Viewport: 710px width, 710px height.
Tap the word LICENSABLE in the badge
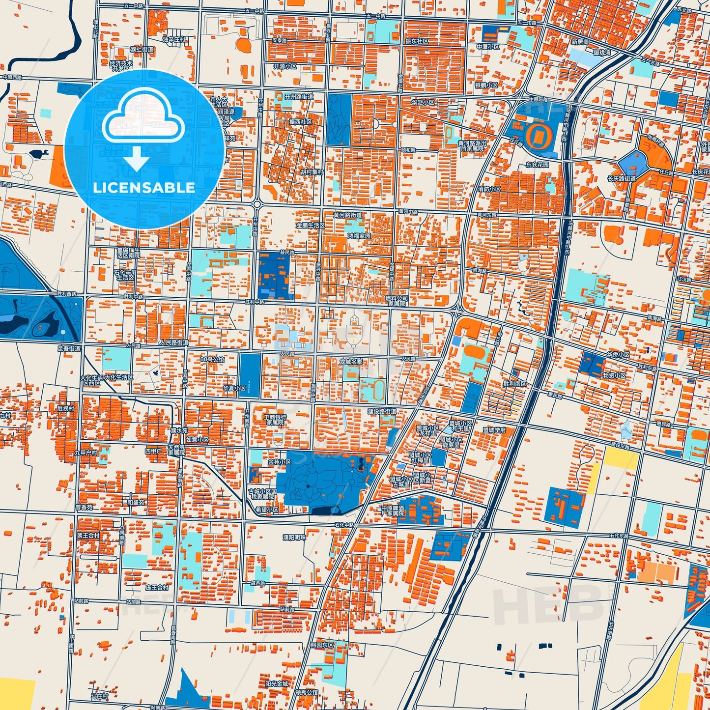(144, 188)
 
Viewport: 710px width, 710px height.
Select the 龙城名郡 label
(351, 361)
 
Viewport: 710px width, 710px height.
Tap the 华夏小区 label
(234, 388)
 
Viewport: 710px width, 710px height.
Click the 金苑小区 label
(279, 462)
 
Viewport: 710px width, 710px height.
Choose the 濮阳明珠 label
(293, 538)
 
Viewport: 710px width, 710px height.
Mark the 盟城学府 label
(494, 430)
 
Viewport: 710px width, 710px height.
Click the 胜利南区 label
(514, 383)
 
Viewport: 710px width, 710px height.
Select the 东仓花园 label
(537, 165)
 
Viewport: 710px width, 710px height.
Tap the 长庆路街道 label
(621, 178)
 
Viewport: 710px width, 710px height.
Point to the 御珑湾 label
(601, 53)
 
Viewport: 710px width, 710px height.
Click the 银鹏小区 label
(486, 85)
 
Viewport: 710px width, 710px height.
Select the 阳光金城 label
(277, 683)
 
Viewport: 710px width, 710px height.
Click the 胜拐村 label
(65, 408)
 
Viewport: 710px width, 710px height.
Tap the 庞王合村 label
(157, 587)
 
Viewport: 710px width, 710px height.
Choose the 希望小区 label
(267, 510)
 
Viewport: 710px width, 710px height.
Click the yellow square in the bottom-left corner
(17, 694)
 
